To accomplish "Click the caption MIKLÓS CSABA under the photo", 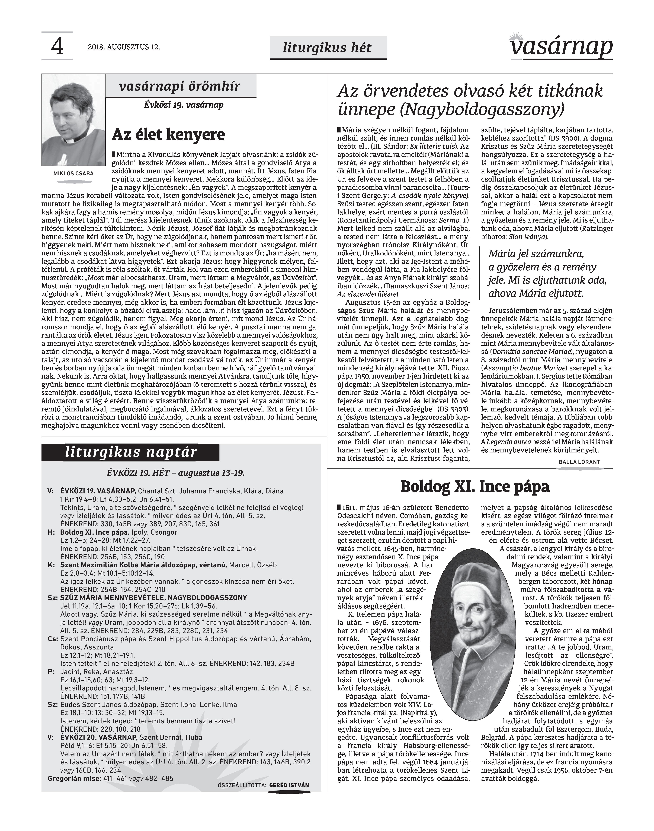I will [x=73, y=174].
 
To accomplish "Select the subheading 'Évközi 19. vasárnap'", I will [x=184, y=105].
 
